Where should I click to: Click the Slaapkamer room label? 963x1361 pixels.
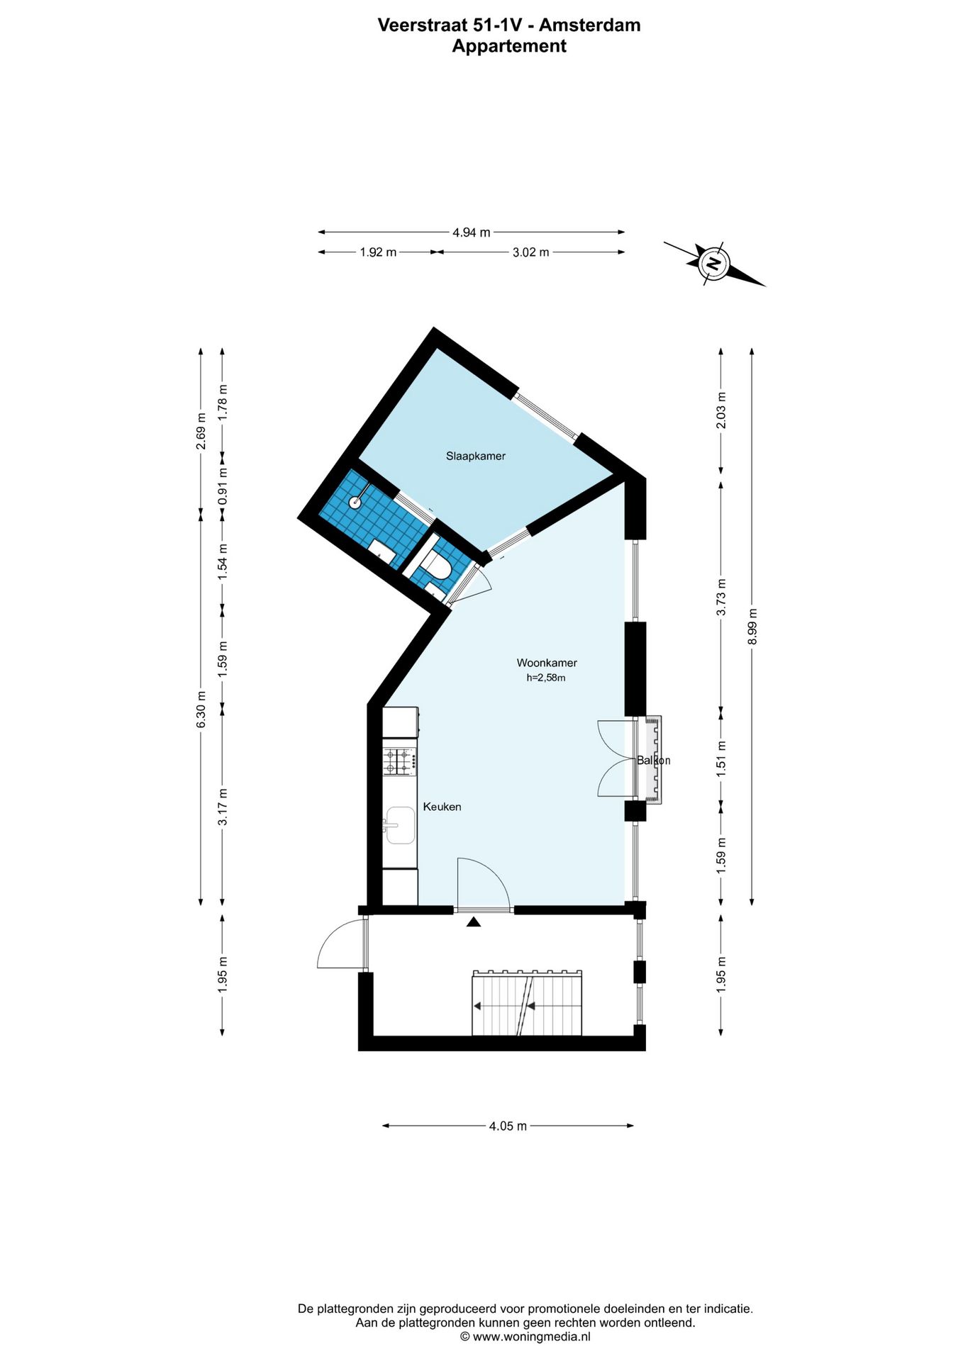pos(475,456)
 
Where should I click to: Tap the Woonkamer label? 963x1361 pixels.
pos(546,663)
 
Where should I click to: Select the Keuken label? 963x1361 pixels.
pos(442,807)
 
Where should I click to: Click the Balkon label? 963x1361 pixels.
pos(653,761)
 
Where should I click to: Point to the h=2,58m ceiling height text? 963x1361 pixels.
pos(545,678)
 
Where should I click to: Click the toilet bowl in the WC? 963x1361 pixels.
pos(436,568)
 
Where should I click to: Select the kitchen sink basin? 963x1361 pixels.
pos(400,825)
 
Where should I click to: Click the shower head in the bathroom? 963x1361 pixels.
pos(355,503)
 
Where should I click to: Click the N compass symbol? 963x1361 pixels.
pos(713,264)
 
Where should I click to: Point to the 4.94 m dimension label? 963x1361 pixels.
pos(472,233)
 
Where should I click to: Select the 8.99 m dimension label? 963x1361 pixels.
pos(752,627)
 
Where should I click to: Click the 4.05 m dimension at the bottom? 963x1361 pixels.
pos(508,1126)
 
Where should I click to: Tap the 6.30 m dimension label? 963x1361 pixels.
pos(201,709)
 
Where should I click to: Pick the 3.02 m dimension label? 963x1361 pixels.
pos(530,252)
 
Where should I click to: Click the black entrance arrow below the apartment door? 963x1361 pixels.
pos(474,922)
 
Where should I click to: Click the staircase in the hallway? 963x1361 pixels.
pos(527,1002)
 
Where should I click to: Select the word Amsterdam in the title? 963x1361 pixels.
pos(589,25)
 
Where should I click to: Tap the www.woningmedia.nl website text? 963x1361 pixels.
pos(531,1336)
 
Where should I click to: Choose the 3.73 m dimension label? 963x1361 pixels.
pos(721,597)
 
